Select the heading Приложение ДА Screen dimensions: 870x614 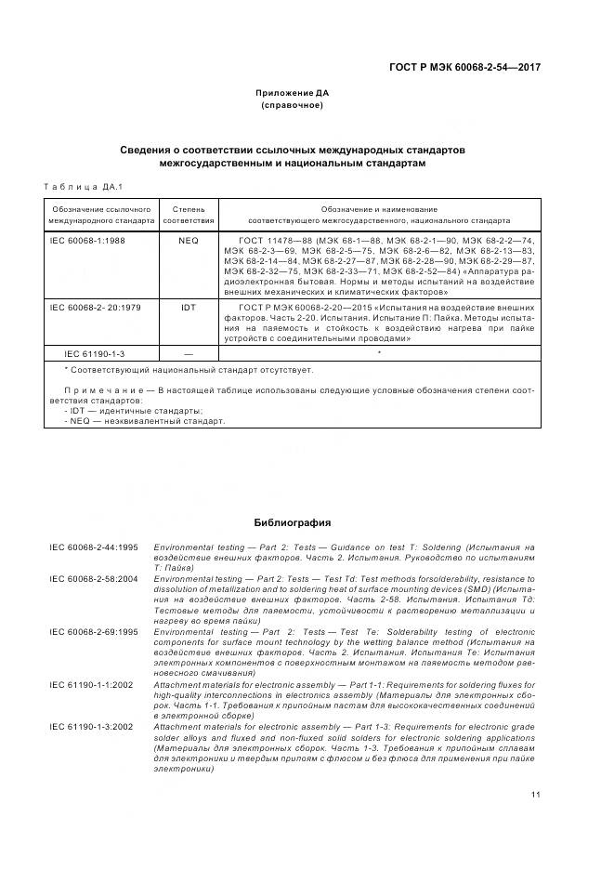(x=293, y=93)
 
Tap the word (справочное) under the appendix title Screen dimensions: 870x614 (x=293, y=105)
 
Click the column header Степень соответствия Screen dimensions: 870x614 (x=189, y=216)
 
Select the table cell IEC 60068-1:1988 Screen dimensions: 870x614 (x=87, y=240)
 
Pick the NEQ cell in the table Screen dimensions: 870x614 (x=189, y=240)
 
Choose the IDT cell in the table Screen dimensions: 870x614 (x=189, y=307)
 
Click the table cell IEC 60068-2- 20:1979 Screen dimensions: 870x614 (x=95, y=307)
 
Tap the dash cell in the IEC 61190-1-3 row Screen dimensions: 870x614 (x=189, y=353)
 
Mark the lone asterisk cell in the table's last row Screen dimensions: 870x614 (x=379, y=353)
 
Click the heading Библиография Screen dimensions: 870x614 (x=293, y=522)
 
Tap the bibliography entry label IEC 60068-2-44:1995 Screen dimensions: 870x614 (x=94, y=547)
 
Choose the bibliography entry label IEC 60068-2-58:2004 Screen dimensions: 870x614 (x=94, y=577)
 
